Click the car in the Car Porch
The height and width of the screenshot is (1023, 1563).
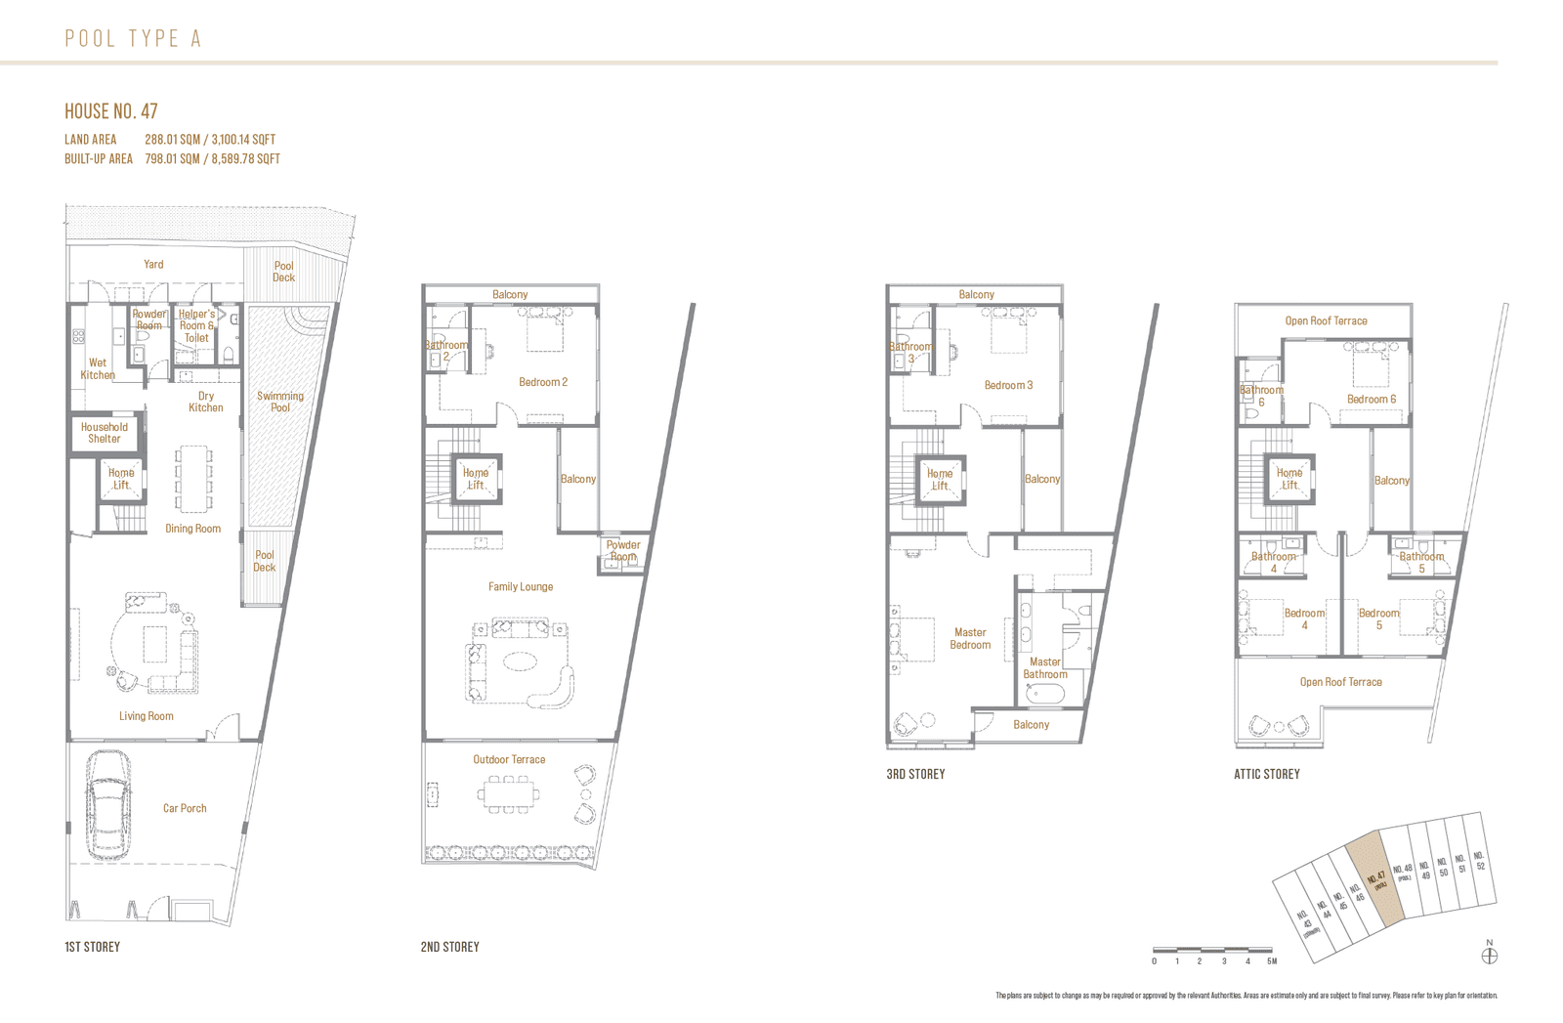pos(108,804)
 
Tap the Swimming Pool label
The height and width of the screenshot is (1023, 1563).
pos(280,402)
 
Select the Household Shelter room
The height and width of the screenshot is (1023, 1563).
pos(105,433)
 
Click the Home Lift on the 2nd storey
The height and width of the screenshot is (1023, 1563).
pos(476,479)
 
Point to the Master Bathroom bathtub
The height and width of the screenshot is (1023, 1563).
pos(1044,695)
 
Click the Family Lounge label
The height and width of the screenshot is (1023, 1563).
pos(521,586)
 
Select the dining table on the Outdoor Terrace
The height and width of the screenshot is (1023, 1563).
pos(508,794)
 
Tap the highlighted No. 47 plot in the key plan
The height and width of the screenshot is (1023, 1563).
pos(1375,881)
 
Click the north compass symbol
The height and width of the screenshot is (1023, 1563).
pos(1490,955)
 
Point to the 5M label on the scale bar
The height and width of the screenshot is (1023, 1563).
pos(1272,961)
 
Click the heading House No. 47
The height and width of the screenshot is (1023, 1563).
pos(110,111)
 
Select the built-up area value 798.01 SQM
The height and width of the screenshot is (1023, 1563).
pos(172,158)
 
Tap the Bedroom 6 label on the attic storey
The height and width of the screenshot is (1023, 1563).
pos(1371,399)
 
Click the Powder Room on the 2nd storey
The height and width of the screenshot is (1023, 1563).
pos(622,551)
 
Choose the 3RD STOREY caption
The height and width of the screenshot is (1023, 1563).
pos(915,774)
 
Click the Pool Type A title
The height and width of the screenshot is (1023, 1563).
pos(133,38)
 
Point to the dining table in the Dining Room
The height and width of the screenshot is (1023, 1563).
pos(193,479)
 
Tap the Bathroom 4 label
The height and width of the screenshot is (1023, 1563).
pos(1273,562)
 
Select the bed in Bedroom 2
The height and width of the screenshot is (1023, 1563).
pos(544,332)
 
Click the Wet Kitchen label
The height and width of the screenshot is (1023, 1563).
pos(98,368)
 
